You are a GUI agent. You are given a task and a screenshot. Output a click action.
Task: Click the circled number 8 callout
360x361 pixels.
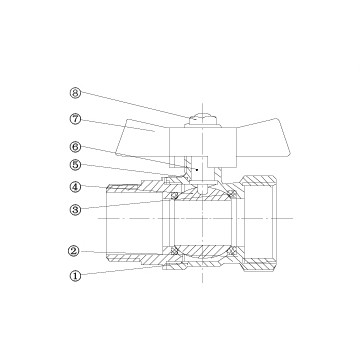pyautogui.click(x=76, y=93)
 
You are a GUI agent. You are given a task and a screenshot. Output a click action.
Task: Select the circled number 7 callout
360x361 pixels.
pyautogui.click(x=76, y=119)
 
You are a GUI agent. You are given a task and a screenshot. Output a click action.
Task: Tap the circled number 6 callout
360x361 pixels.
pyautogui.click(x=76, y=146)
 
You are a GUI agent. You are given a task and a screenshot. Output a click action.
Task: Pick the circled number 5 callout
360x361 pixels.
pyautogui.click(x=76, y=165)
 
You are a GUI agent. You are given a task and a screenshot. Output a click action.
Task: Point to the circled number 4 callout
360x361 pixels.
pyautogui.click(x=76, y=187)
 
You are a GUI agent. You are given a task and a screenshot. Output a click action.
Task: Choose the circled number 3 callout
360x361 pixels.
pyautogui.click(x=76, y=210)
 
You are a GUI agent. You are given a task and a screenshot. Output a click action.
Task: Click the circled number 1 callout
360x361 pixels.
pyautogui.click(x=76, y=276)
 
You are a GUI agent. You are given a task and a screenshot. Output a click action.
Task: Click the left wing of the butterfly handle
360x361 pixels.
pyautogui.click(x=143, y=138)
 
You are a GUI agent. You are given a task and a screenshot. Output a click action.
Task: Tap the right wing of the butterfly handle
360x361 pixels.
pyautogui.click(x=263, y=137)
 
